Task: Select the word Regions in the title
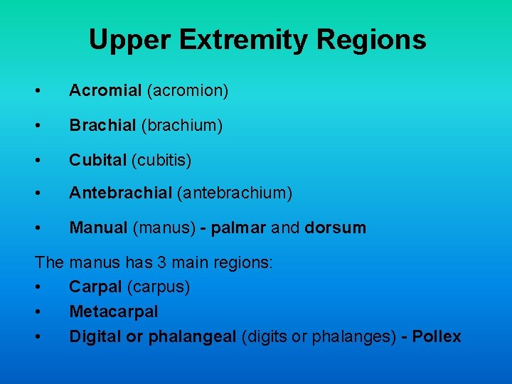click(x=372, y=40)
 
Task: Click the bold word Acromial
click(x=105, y=91)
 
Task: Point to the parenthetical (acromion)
click(x=187, y=91)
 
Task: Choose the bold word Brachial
click(x=102, y=126)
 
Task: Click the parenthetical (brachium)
click(x=182, y=126)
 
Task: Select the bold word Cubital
click(x=97, y=161)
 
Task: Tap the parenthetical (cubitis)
click(x=161, y=161)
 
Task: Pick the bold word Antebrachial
click(x=120, y=193)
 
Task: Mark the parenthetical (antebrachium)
click(x=235, y=193)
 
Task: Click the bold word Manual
click(x=99, y=228)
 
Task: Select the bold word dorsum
click(x=335, y=228)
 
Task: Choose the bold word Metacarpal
click(x=114, y=311)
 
